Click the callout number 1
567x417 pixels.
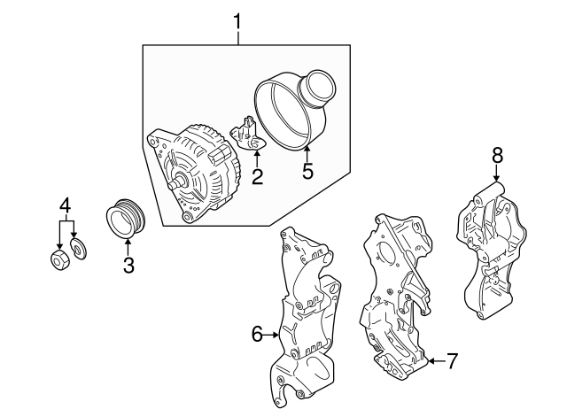click(237, 19)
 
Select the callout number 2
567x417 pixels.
click(257, 177)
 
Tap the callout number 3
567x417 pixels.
click(128, 264)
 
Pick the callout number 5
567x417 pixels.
click(307, 171)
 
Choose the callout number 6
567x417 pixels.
click(257, 334)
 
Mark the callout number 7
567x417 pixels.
click(451, 360)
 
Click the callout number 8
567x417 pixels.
click(497, 155)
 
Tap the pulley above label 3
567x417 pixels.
click(124, 220)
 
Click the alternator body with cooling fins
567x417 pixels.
click(199, 173)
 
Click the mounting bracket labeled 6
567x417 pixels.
click(306, 319)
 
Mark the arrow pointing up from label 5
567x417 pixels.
click(307, 152)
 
